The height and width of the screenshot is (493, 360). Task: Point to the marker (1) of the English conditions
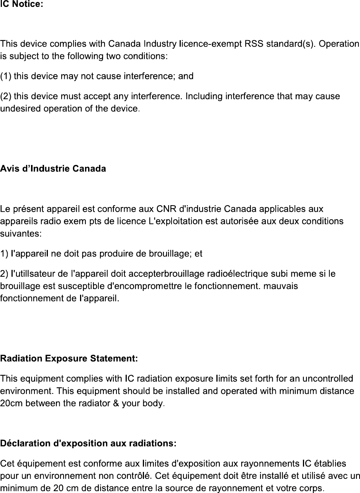tap(6, 76)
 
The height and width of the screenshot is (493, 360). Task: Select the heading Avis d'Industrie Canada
tap(53, 168)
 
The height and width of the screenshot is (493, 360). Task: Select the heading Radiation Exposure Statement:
tap(69, 359)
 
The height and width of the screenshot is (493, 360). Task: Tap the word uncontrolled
tap(327, 379)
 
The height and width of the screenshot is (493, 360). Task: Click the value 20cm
tap(10, 403)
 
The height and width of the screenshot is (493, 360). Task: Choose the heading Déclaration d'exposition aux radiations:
tap(88, 444)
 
